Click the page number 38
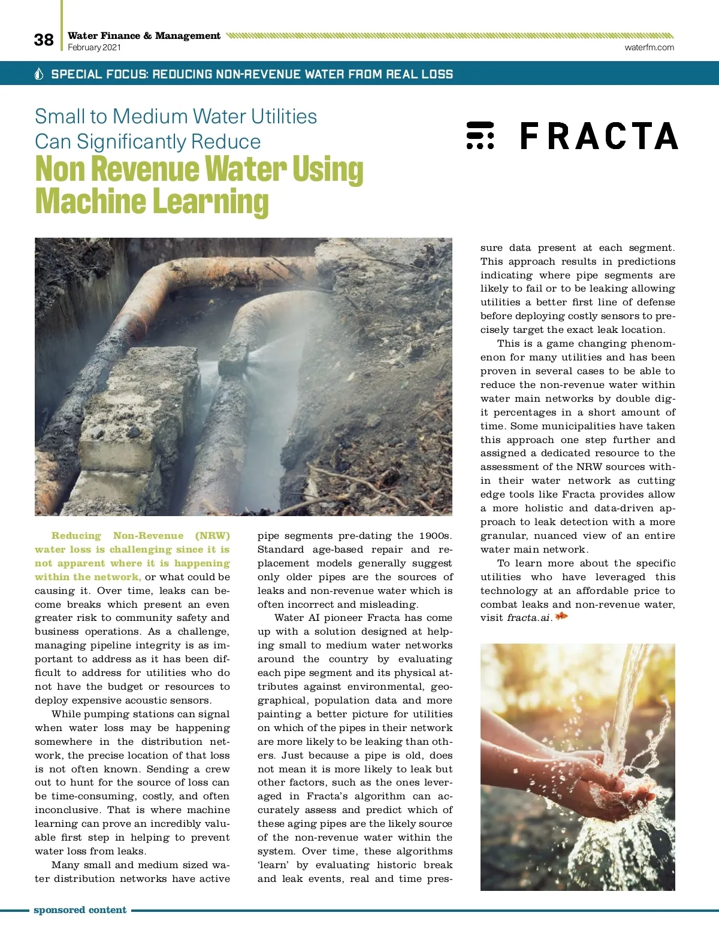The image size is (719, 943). [44, 40]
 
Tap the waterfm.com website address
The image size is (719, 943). [649, 47]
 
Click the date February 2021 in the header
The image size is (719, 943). [94, 47]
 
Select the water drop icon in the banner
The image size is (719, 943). [40, 74]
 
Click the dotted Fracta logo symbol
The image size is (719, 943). [480, 135]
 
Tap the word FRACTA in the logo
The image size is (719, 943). [599, 136]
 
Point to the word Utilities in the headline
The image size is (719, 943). [283, 116]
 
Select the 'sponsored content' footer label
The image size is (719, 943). [80, 910]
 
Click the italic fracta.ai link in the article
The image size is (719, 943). [528, 618]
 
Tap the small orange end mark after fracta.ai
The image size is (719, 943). [561, 617]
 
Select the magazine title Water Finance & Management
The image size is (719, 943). [144, 35]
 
